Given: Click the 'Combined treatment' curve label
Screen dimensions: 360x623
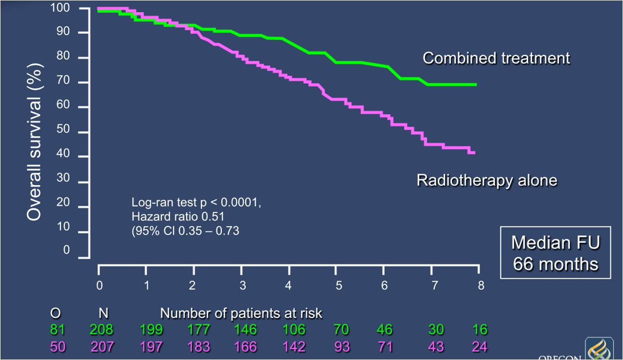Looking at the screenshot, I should tap(496, 58).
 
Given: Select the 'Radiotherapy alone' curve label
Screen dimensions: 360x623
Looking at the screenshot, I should tap(487, 181).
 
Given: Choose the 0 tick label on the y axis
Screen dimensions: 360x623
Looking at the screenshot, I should tap(66, 250).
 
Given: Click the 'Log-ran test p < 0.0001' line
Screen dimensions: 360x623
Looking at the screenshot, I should tap(196, 202).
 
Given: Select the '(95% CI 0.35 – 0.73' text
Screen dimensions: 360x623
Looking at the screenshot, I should tap(185, 230).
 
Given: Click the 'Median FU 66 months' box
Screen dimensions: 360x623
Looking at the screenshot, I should tap(555, 252).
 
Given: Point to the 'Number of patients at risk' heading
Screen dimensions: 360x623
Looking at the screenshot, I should tap(241, 313).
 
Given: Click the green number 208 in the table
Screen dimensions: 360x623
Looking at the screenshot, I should tap(101, 330).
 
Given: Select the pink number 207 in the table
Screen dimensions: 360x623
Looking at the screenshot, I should tap(101, 346).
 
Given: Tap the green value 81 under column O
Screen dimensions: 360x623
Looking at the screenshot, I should tap(57, 330).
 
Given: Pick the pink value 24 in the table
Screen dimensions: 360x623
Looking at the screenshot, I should tap(480, 346).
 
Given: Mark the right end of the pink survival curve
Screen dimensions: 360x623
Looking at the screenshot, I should tap(474, 152).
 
